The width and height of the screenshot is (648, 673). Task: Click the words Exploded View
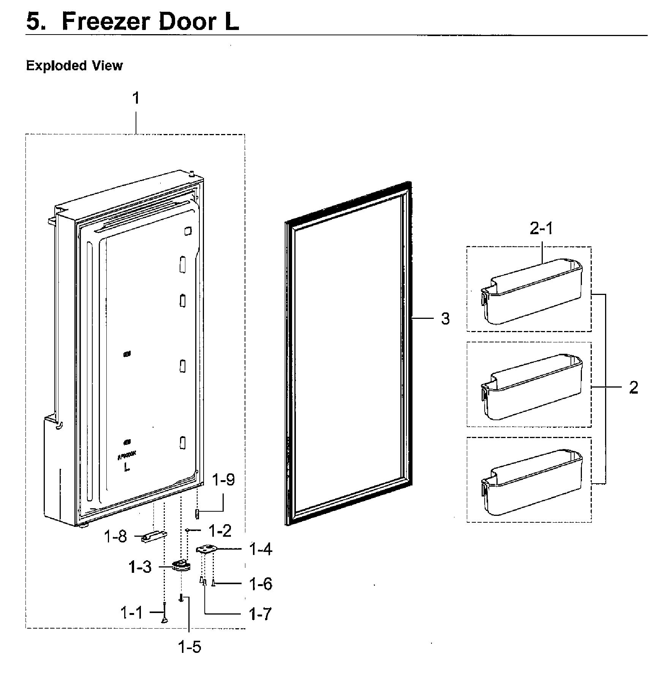(x=74, y=66)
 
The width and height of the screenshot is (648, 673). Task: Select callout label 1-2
(x=220, y=531)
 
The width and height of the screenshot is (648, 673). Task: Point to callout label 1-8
(x=115, y=537)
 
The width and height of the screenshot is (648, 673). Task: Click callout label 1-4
(x=261, y=549)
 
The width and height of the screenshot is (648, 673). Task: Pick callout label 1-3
(x=140, y=567)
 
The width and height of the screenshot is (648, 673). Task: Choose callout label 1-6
(x=261, y=584)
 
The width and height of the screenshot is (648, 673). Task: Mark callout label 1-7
(x=261, y=614)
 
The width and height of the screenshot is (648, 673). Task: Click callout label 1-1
(x=132, y=612)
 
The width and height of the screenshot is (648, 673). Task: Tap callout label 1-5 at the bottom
(x=190, y=647)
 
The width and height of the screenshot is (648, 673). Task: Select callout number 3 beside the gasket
(x=445, y=319)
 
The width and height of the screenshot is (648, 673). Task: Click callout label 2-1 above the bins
(x=541, y=229)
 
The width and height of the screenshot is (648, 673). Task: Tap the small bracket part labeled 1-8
(x=153, y=537)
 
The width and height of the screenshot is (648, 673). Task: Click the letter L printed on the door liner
(x=127, y=468)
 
